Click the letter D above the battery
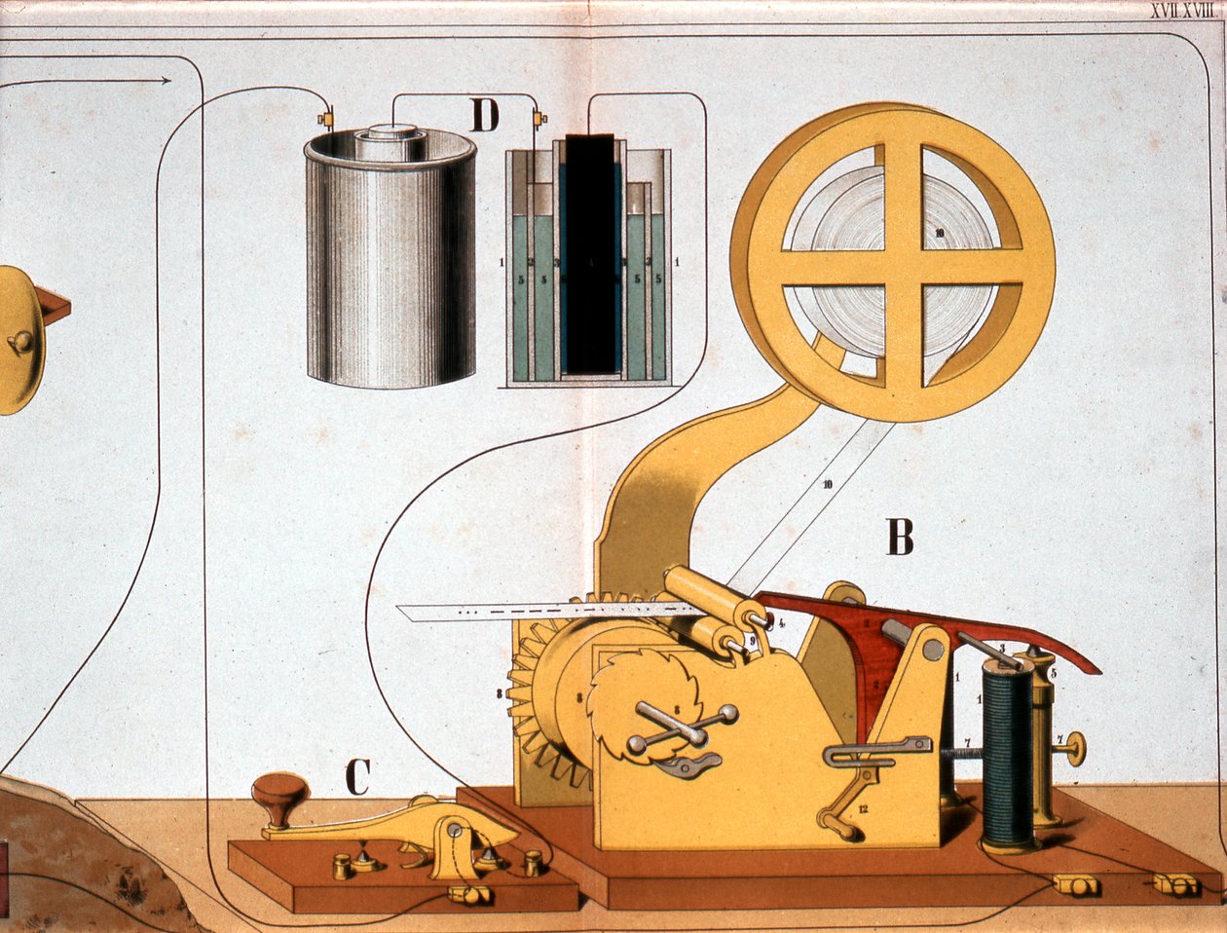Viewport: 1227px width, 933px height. click(x=484, y=116)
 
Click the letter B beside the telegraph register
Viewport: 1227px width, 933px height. click(x=900, y=537)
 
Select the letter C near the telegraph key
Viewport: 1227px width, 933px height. click(x=357, y=776)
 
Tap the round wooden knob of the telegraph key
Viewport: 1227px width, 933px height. click(x=279, y=794)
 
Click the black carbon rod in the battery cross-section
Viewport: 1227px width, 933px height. click(x=590, y=253)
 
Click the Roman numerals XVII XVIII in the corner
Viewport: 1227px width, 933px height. click(x=1181, y=12)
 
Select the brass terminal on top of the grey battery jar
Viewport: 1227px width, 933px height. click(x=325, y=119)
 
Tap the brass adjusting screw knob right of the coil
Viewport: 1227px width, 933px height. click(x=1075, y=747)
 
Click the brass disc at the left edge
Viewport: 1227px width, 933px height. click(x=19, y=341)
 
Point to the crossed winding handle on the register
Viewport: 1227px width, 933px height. click(x=682, y=728)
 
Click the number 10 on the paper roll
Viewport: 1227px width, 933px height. click(x=938, y=233)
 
